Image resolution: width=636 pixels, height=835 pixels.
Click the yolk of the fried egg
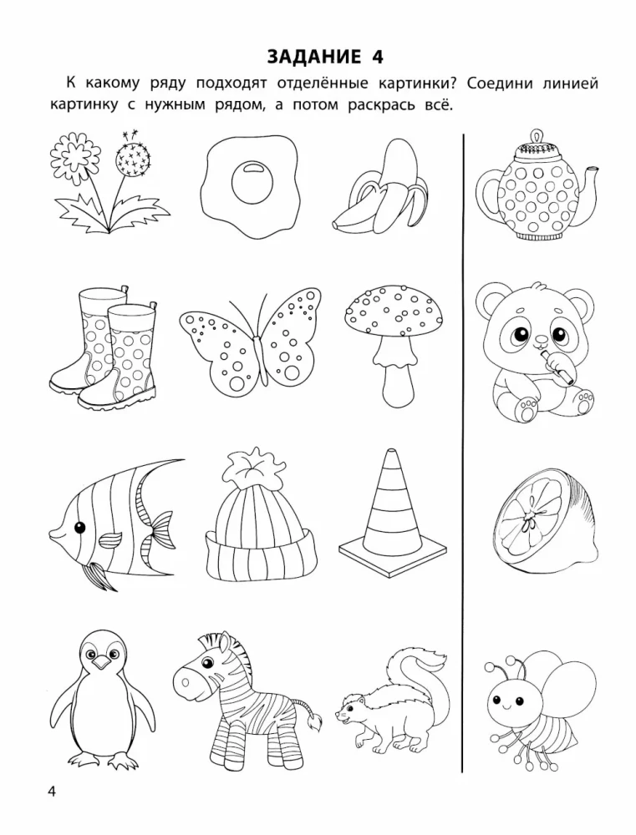tap(252, 182)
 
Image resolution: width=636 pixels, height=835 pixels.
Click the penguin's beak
tap(101, 661)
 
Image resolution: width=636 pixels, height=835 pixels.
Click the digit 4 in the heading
tap(377, 57)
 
